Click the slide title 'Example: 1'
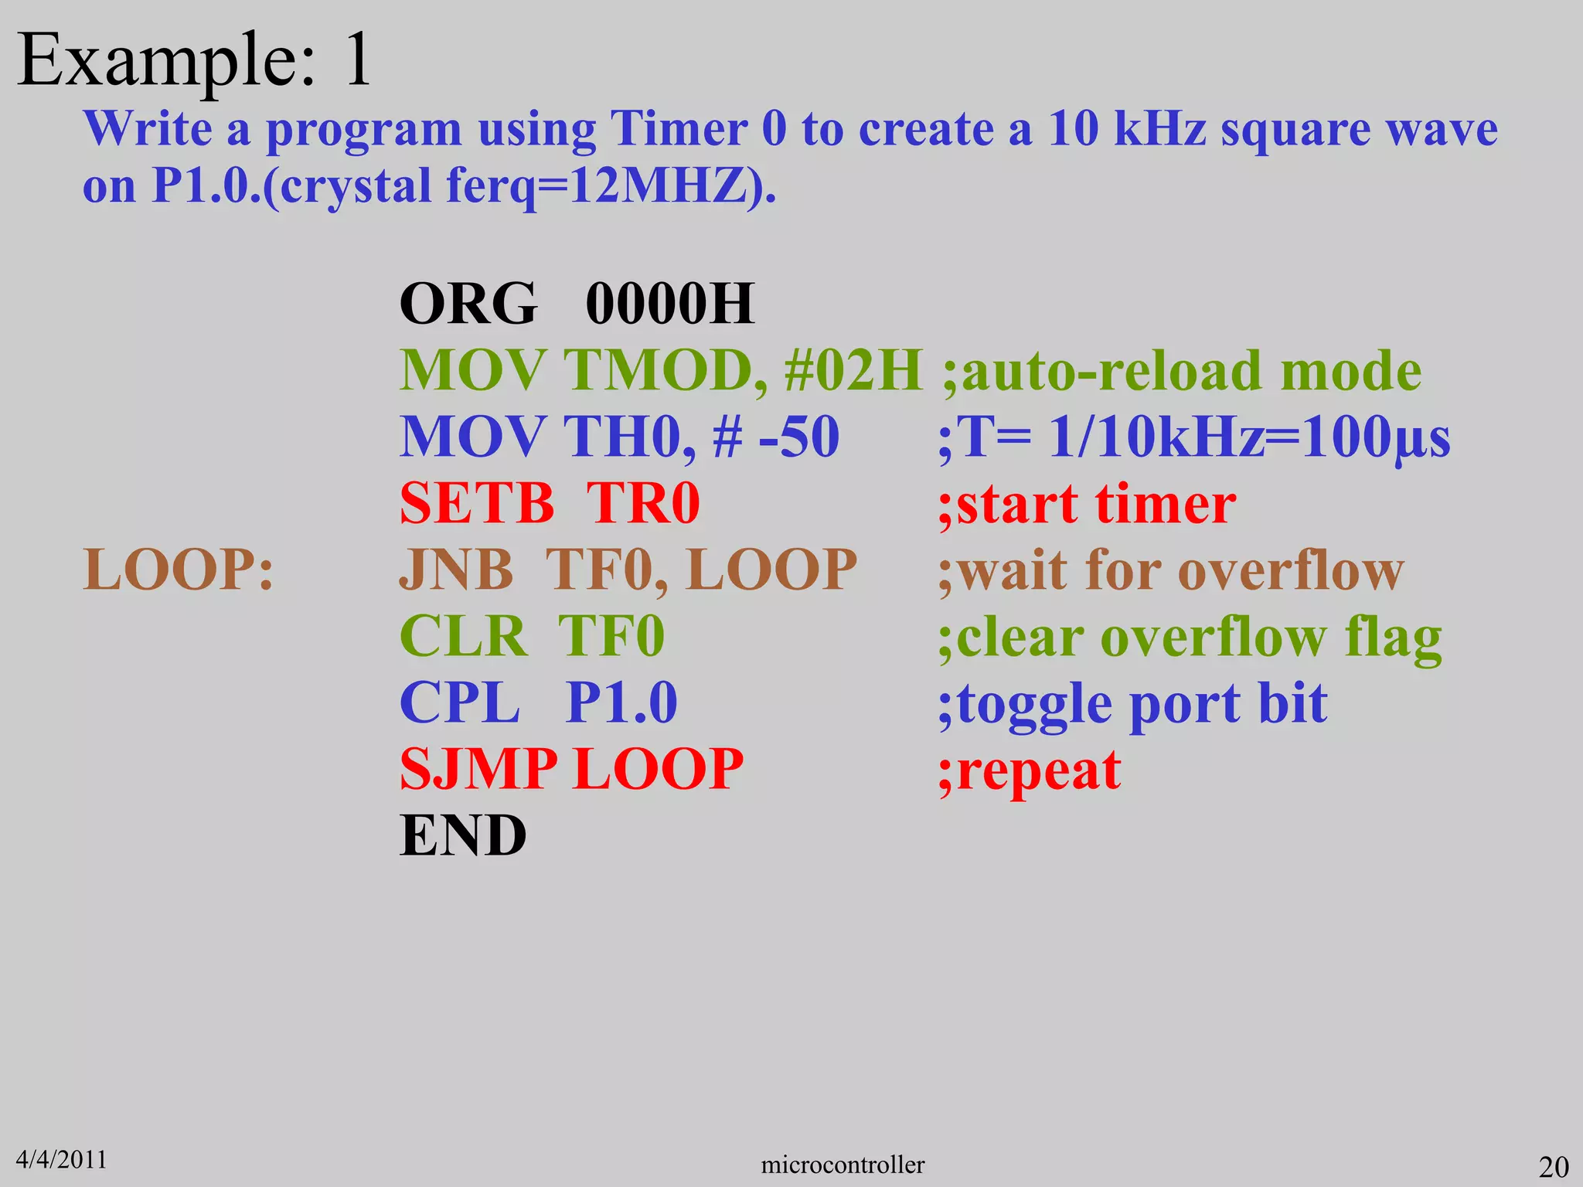click(x=194, y=60)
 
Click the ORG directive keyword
click(x=468, y=304)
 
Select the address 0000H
click(x=669, y=304)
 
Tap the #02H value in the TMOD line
click(x=853, y=371)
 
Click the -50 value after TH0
click(x=799, y=437)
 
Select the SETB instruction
click(x=477, y=504)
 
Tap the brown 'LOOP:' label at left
click(x=179, y=570)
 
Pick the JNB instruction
click(x=456, y=570)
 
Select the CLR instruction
click(x=463, y=637)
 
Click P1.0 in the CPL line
click(x=621, y=703)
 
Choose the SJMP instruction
click(x=478, y=770)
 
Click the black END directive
click(x=463, y=836)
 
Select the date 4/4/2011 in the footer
click(x=61, y=1159)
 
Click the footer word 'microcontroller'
click(x=843, y=1165)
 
